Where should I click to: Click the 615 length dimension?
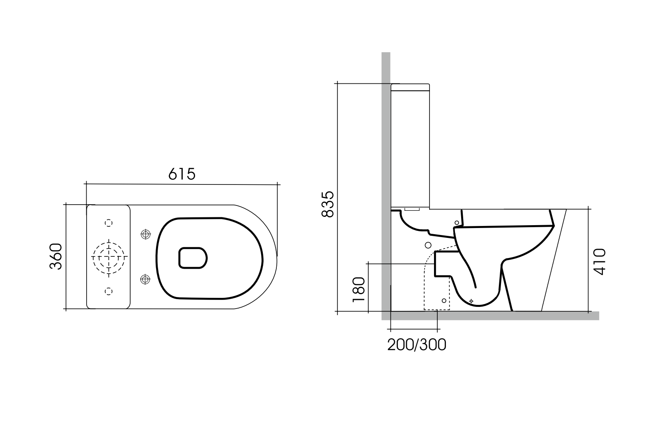point(182,174)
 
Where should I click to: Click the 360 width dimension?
point(56,256)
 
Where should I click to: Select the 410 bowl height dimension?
point(600,261)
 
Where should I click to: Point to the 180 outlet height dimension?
point(358,290)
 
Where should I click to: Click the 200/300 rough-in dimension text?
point(416,345)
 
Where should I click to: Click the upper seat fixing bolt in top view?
point(145,235)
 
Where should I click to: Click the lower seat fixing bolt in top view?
point(145,279)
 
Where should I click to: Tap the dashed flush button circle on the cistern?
point(108,257)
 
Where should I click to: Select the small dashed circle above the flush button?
point(108,223)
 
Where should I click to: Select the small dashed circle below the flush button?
point(108,291)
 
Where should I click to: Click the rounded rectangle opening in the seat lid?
point(193,258)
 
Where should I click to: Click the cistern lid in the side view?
point(410,87)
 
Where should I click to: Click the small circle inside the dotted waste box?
point(444,301)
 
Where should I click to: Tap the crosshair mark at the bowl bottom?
point(471,301)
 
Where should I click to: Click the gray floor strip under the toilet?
point(493,316)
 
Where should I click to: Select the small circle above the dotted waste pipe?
point(427,245)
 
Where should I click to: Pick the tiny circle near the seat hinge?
point(457,223)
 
